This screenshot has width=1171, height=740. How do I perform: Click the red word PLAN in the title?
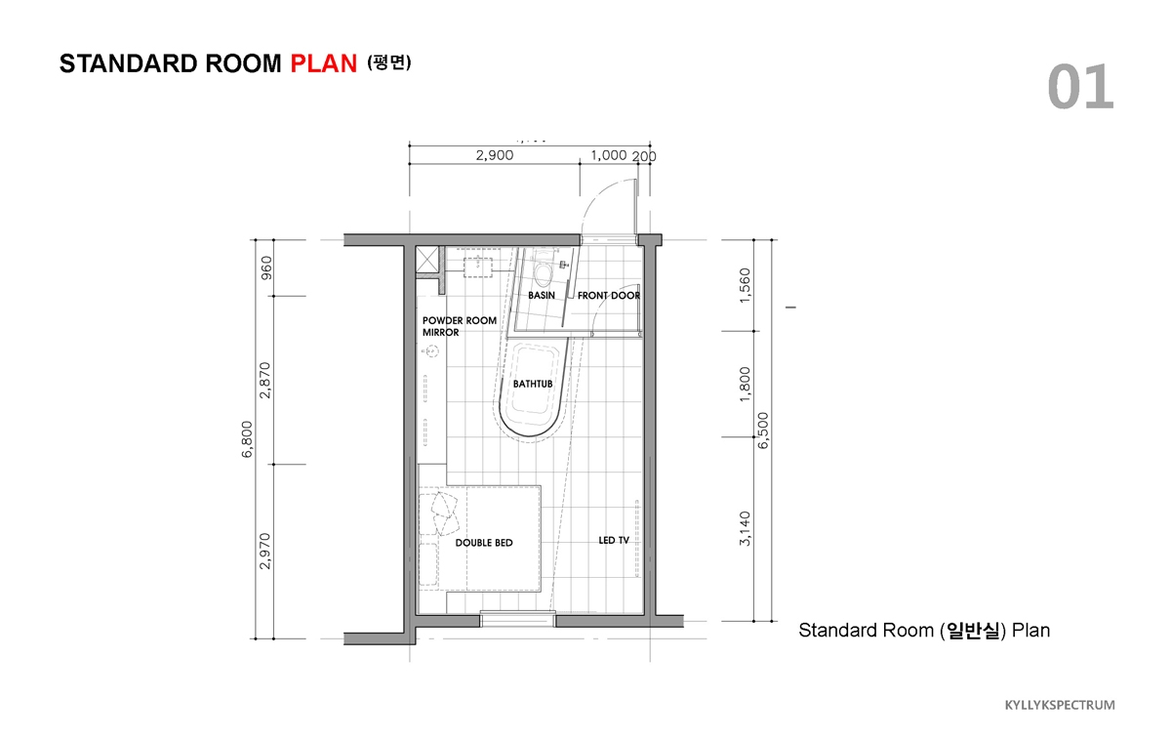[324, 63]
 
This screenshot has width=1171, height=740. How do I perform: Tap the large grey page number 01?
[1080, 86]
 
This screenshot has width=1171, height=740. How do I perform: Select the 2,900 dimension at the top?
[495, 155]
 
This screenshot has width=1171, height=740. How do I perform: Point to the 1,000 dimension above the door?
[609, 155]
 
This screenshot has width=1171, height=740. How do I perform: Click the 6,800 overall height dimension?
[247, 439]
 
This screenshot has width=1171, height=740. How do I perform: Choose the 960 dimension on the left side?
[266, 267]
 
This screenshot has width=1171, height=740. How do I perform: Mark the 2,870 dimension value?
[265, 380]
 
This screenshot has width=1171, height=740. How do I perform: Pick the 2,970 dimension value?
[265, 551]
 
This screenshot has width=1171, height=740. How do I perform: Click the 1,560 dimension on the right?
[745, 285]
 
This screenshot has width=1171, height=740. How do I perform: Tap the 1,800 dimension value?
[745, 385]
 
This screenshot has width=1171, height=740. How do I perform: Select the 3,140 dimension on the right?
[745, 529]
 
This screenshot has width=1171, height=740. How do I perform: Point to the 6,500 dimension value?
[763, 431]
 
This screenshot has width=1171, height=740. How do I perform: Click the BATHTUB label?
[533, 384]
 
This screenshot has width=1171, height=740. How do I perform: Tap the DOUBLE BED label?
[484, 543]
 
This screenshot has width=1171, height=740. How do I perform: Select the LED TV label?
[614, 540]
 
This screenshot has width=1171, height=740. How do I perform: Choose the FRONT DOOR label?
[609, 296]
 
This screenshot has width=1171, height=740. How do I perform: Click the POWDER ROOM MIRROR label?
[460, 326]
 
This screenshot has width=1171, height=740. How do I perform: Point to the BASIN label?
[542, 296]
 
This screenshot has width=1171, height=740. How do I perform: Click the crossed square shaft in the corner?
[427, 260]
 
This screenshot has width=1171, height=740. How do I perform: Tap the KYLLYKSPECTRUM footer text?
[1060, 705]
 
